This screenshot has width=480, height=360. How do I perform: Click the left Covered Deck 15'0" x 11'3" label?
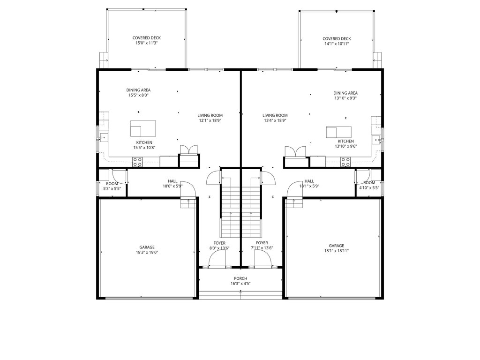[146, 40]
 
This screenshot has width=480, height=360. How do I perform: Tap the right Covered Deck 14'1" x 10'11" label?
[337, 41]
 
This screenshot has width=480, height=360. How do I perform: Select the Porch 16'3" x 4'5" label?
[240, 281]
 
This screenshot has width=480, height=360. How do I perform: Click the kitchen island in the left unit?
[143, 128]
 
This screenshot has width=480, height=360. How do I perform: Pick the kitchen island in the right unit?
[338, 132]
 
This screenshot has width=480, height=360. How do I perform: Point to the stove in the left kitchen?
[137, 162]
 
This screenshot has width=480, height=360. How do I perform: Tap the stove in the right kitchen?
[345, 162]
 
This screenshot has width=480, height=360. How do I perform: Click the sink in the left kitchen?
[104, 138]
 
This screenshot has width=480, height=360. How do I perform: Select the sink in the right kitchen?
[376, 140]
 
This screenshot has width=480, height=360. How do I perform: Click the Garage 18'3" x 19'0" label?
[147, 250]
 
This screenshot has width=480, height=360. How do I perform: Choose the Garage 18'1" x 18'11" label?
[337, 248]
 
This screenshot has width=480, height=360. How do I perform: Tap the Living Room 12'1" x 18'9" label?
[210, 118]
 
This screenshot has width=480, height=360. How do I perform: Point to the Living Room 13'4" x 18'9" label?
[275, 118]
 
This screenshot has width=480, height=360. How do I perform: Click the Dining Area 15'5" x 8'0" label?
[138, 92]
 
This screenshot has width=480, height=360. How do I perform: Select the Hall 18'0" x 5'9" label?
[172, 183]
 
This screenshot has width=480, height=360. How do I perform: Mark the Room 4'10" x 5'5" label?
[369, 185]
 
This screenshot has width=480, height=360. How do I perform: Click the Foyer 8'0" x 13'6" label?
[219, 246]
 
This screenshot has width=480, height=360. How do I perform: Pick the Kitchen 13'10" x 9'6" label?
[345, 143]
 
